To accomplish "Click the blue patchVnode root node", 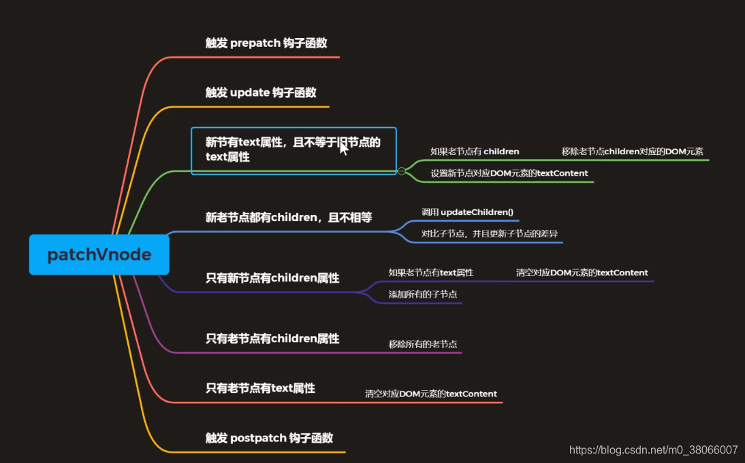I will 99,255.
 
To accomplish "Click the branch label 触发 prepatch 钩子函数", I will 266,43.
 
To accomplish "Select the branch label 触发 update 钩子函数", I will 261,92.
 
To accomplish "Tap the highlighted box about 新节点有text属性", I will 294,150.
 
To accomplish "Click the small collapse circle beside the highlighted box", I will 402,171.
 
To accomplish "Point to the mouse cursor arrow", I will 343,148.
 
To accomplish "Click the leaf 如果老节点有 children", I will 475,152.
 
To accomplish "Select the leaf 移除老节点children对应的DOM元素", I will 633,152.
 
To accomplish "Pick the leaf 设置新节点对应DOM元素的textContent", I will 509,173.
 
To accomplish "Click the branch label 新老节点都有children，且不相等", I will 289,218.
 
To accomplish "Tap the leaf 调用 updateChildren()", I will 467,212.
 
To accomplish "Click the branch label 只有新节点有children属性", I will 272,277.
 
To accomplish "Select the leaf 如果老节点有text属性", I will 431,273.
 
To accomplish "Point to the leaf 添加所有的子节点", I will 423,294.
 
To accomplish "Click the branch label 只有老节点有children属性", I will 272,338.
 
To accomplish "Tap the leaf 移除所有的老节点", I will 423,345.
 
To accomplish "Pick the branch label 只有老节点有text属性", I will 260,388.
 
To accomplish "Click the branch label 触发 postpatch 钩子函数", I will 270,438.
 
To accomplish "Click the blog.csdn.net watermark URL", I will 653,450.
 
